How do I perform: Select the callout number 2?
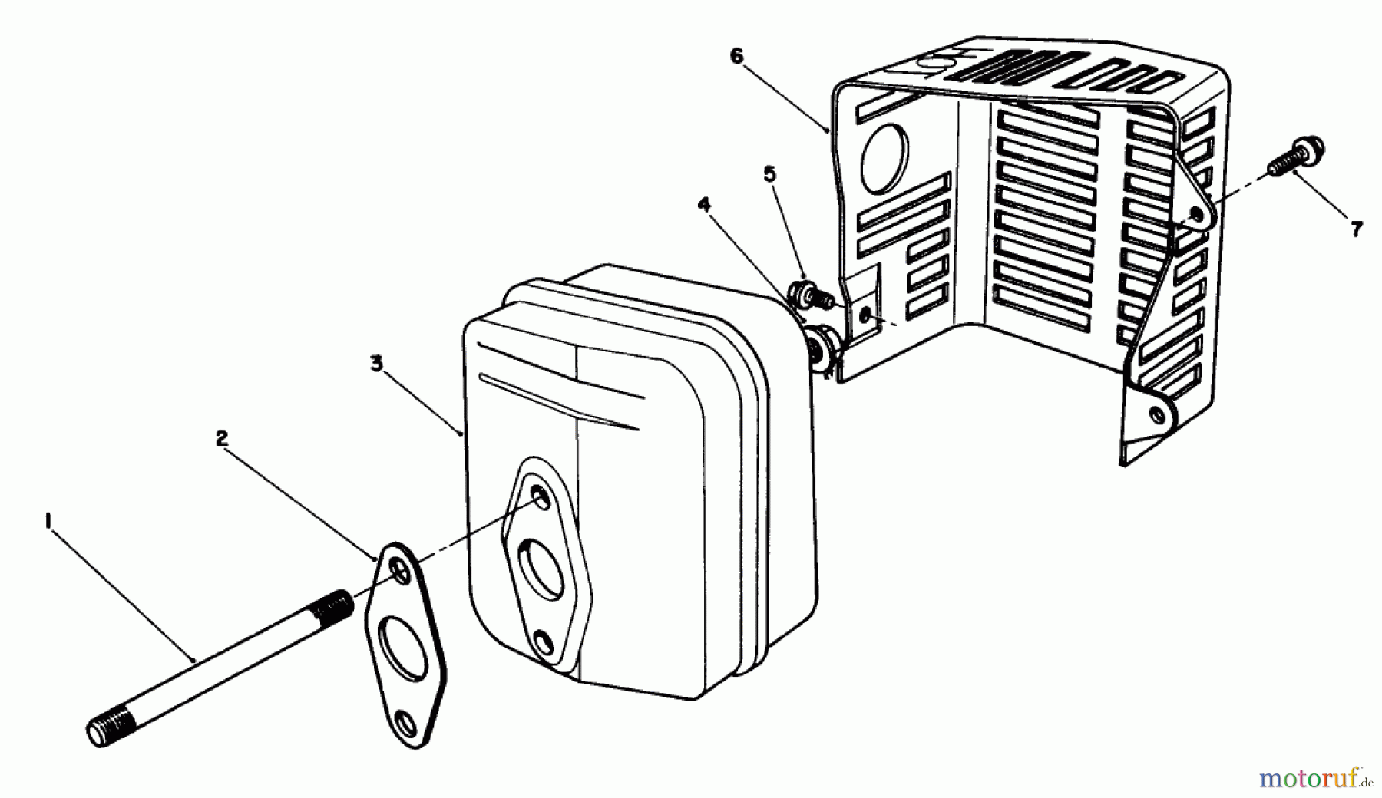click(x=221, y=439)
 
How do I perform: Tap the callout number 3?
click(x=376, y=364)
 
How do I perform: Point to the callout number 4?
click(x=704, y=205)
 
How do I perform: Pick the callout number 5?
click(x=770, y=174)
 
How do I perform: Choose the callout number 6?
click(x=737, y=58)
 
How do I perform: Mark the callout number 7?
click(x=1357, y=228)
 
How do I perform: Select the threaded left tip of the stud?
click(x=104, y=730)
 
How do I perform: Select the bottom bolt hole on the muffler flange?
click(x=543, y=641)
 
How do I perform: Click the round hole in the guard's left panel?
click(x=884, y=158)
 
